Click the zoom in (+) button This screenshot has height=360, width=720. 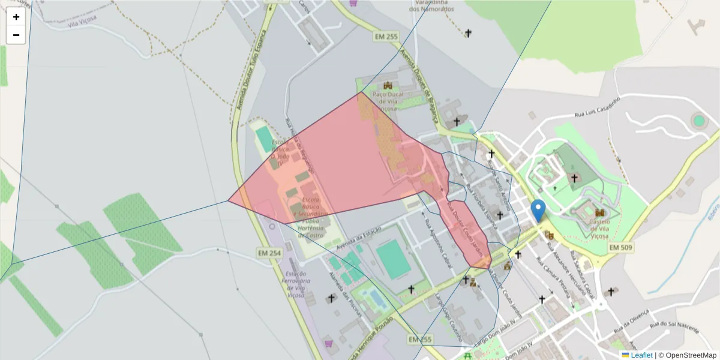pyautogui.click(x=16, y=17)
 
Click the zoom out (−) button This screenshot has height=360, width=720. pyautogui.click(x=16, y=35)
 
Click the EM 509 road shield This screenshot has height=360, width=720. pyautogui.click(x=621, y=247)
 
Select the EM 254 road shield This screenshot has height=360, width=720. pyautogui.click(x=269, y=253)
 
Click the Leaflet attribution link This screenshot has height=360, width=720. pyautogui.click(x=641, y=355)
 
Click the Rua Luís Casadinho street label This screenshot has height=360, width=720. pyautogui.click(x=596, y=107)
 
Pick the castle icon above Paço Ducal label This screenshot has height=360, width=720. pyautogui.click(x=388, y=85)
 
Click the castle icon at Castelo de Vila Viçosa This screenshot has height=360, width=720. pyautogui.click(x=600, y=213)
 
